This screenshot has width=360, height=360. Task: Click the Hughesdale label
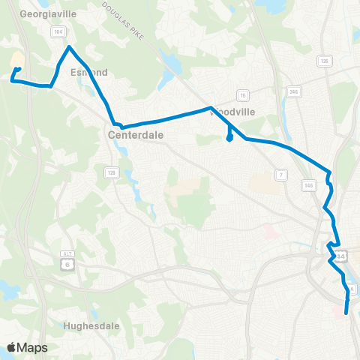click(x=88, y=326)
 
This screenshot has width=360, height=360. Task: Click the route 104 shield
click(x=57, y=32)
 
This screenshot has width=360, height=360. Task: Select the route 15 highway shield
click(x=242, y=94)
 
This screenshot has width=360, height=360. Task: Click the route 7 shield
click(x=281, y=175)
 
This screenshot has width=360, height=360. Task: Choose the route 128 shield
click(x=111, y=173)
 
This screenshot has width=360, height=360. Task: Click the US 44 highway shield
click(x=341, y=256)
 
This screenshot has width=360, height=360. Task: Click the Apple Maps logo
click(x=28, y=347)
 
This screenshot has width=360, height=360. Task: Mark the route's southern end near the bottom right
click(x=346, y=313)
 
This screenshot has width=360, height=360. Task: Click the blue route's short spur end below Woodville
click(x=229, y=138)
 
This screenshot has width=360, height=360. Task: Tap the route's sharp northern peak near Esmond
click(x=70, y=47)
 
